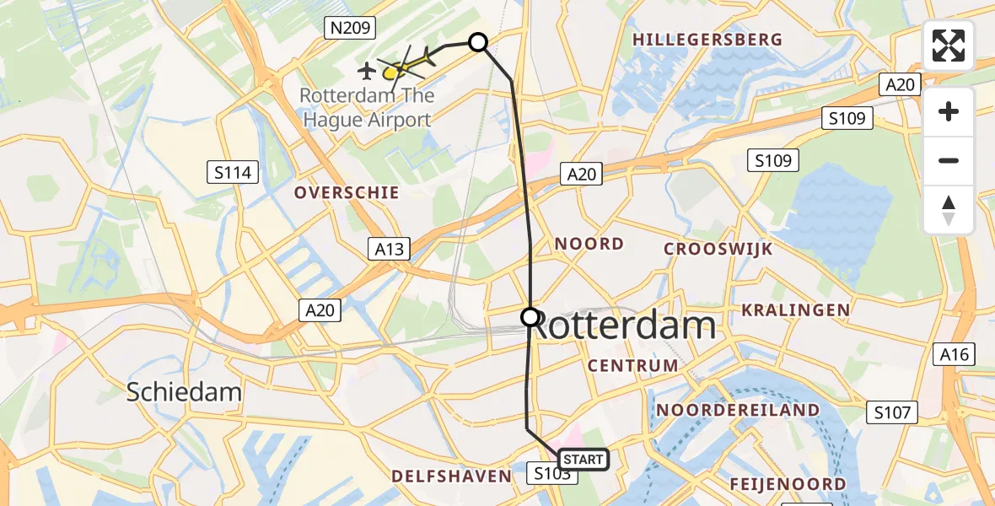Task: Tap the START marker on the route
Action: coord(582,460)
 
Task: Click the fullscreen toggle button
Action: coord(949,46)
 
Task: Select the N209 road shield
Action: coord(348,29)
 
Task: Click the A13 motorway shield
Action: coord(389,249)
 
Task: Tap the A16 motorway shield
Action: coord(955,355)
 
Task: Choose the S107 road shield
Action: coord(892,412)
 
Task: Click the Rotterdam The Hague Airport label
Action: coord(366,108)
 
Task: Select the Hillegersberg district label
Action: coord(707,40)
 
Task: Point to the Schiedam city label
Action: coord(184,391)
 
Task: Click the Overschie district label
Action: coord(347,193)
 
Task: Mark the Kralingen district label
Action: coord(795,310)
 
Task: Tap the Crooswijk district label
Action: coord(718,249)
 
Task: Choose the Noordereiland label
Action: coord(737,410)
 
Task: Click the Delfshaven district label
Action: coord(451,476)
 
